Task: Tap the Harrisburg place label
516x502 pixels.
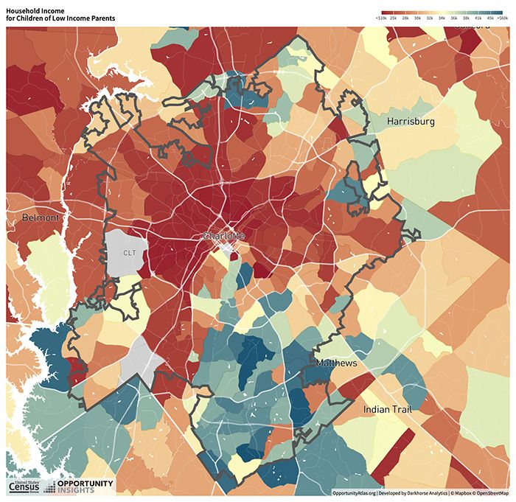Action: [x=411, y=121]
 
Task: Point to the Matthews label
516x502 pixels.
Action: [x=336, y=364]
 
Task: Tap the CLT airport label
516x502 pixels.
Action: [x=129, y=253]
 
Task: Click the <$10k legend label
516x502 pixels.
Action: [x=382, y=15]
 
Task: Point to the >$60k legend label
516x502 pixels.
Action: [x=503, y=15]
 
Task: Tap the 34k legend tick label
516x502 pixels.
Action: [x=442, y=15]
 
